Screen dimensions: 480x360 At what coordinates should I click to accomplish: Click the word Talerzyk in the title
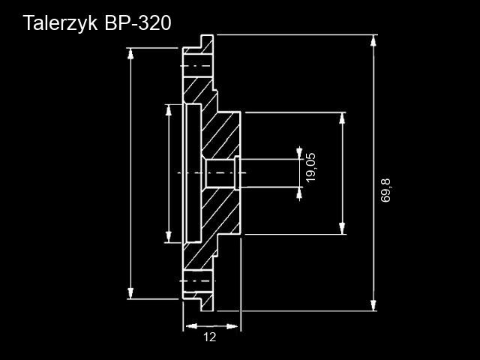(60, 23)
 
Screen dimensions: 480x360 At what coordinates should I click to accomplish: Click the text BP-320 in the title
(138, 23)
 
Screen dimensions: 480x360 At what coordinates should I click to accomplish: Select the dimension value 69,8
(385, 190)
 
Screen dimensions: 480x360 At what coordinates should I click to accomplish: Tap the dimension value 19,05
(310, 167)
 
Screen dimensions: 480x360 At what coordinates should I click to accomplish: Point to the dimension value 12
(210, 337)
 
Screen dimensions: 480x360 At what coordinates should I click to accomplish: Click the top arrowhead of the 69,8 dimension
(373, 40)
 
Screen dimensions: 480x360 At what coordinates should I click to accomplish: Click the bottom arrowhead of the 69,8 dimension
(373, 305)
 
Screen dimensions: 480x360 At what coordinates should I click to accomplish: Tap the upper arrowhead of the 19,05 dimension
(299, 153)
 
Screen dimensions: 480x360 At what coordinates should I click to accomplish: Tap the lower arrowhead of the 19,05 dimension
(299, 193)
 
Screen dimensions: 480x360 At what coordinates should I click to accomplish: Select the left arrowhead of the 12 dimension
(192, 326)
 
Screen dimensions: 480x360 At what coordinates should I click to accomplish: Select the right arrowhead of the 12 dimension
(232, 326)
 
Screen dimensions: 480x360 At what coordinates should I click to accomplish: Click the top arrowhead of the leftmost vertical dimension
(130, 54)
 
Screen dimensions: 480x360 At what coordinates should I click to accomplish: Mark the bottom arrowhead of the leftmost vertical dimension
(130, 293)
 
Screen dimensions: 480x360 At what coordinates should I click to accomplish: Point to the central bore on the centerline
(220, 173)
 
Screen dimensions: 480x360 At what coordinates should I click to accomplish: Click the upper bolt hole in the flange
(198, 66)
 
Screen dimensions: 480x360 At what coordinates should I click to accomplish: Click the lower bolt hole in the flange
(198, 280)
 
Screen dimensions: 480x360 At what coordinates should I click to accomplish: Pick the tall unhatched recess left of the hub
(193, 173)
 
